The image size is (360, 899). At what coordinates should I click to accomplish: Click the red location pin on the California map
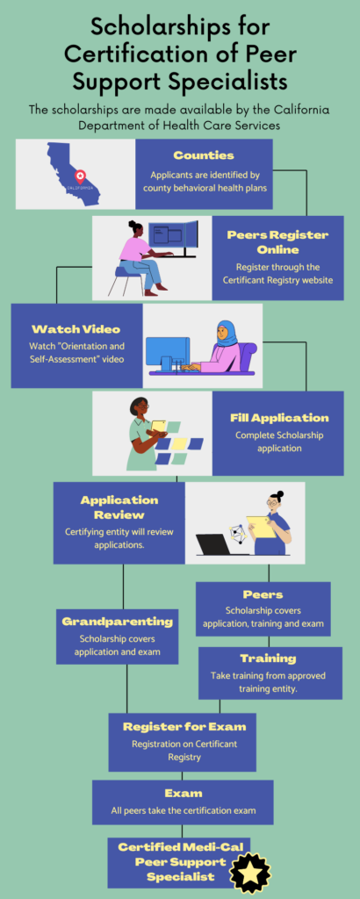coord(80,175)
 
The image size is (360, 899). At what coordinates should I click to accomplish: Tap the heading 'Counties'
coord(196,155)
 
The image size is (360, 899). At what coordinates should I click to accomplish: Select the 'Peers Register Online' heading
coord(277,242)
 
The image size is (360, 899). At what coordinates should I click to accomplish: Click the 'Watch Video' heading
coord(76,329)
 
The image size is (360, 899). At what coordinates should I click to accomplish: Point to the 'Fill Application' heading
coord(279,418)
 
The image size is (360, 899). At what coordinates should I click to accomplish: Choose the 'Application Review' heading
coord(119,507)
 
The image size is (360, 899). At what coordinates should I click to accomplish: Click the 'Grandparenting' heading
coord(117,622)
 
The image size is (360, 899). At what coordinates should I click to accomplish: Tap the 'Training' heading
coord(268,658)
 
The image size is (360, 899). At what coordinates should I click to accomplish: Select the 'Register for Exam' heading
coord(184,726)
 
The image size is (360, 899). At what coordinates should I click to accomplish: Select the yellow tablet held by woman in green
coord(159,426)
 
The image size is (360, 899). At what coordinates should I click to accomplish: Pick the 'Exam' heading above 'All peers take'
coord(184,794)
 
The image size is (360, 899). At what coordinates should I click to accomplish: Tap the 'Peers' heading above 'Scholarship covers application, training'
coord(263,594)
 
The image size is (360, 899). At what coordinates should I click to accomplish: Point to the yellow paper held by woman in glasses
coord(261,527)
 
